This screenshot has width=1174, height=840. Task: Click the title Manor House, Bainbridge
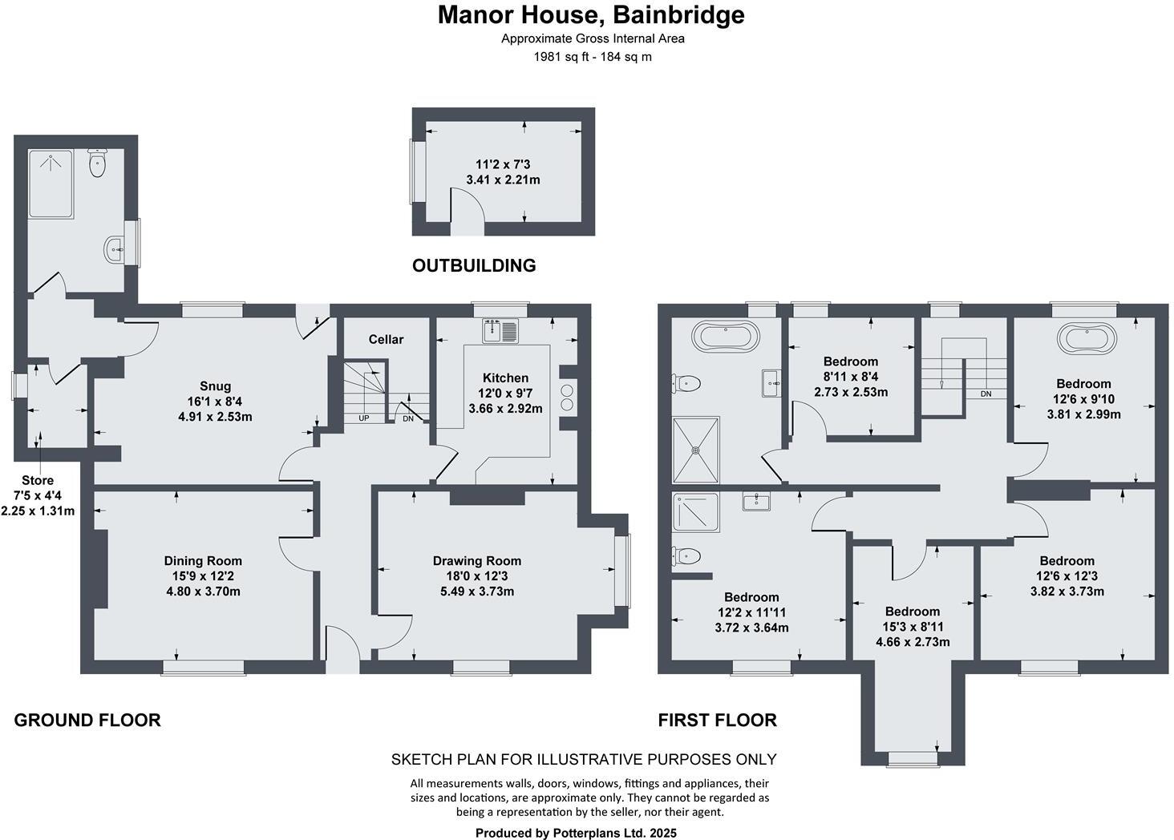590,14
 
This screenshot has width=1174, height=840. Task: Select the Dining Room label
202,561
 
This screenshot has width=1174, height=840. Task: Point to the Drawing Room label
476,561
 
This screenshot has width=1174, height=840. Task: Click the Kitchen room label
505,378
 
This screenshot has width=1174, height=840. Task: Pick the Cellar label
386,339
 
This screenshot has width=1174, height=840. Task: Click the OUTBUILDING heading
473,265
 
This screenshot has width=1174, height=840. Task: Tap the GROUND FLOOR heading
87,720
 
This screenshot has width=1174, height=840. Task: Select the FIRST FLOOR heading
717,720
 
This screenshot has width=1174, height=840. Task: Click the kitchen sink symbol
501,329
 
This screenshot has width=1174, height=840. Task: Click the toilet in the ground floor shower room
98,164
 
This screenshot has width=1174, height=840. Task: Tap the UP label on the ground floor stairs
364,418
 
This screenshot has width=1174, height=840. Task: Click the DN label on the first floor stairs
986,394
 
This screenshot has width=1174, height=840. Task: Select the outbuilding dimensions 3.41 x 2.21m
503,180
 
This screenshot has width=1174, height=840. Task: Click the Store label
38,481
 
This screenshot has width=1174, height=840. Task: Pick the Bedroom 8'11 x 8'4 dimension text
850,377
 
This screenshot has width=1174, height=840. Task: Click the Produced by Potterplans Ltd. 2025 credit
576,833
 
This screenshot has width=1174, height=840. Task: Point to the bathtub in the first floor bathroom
725,336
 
